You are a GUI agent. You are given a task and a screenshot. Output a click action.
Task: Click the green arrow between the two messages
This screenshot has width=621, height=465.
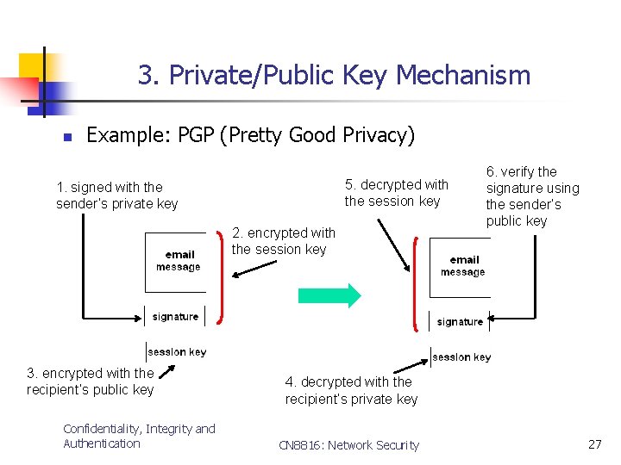coord(329,295)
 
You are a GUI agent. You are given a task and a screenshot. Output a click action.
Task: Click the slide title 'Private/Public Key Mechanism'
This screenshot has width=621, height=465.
coord(334,75)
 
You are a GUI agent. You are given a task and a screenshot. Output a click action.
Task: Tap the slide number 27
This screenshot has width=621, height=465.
coord(594,444)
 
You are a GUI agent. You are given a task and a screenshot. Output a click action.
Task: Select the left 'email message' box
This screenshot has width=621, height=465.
coord(177,261)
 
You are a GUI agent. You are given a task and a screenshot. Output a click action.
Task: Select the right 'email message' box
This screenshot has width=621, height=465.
coord(462,266)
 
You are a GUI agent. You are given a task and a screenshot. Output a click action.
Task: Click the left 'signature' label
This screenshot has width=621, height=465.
coord(175,317)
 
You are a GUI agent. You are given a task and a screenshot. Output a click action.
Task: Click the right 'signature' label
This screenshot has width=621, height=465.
coord(460,322)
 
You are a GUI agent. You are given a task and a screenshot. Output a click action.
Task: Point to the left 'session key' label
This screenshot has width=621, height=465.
coord(177,351)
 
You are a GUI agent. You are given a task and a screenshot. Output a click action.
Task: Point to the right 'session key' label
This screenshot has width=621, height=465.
coord(461,356)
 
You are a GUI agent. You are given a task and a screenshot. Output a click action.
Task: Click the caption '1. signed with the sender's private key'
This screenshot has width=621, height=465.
coord(116,195)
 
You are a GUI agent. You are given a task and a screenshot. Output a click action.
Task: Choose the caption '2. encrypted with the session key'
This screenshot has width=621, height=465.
coord(283,241)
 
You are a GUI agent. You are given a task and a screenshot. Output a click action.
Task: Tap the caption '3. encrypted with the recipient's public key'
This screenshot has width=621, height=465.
coord(90,381)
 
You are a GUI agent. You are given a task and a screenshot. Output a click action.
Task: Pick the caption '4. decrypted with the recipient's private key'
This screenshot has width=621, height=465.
coord(351,390)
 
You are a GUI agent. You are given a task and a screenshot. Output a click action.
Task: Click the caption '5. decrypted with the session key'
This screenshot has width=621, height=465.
coord(396,193)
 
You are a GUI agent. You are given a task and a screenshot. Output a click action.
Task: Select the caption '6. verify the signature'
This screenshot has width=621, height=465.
coord(532,195)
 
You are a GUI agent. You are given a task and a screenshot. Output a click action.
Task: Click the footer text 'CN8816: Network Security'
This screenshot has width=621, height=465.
coord(348,445)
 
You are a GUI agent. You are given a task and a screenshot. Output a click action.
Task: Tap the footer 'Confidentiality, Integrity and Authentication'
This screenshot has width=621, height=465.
coord(139,436)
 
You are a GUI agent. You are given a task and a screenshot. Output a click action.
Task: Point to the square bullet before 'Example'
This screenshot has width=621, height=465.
coord(66,137)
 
